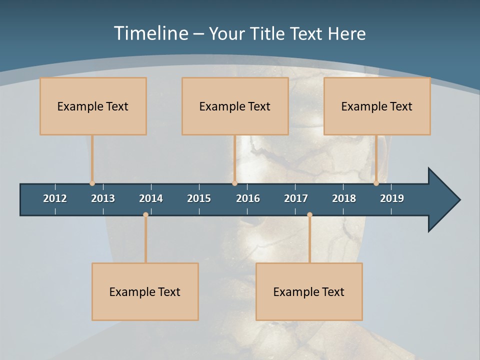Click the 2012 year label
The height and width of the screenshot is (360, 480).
(55, 198)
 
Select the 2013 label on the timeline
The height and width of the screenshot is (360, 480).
(103, 198)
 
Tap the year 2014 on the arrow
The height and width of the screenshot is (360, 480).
(151, 198)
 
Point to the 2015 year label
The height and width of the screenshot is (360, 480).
(199, 198)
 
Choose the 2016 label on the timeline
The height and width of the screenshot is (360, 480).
(248, 198)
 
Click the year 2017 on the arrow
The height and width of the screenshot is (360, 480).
(296, 198)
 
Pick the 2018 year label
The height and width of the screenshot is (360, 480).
(344, 198)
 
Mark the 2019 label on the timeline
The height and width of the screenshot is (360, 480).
(392, 198)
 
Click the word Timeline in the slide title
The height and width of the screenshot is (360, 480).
(150, 33)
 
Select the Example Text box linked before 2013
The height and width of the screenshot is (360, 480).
(93, 106)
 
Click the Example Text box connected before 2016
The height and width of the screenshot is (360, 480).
(235, 106)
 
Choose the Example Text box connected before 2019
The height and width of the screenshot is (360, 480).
(377, 106)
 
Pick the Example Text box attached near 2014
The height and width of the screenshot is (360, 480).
(145, 291)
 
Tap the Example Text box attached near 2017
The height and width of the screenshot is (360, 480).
(309, 291)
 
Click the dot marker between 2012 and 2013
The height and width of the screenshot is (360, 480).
(92, 183)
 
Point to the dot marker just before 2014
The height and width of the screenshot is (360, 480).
(145, 215)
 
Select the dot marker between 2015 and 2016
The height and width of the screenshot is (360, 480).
(234, 183)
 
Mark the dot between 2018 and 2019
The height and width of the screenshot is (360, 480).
(376, 183)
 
